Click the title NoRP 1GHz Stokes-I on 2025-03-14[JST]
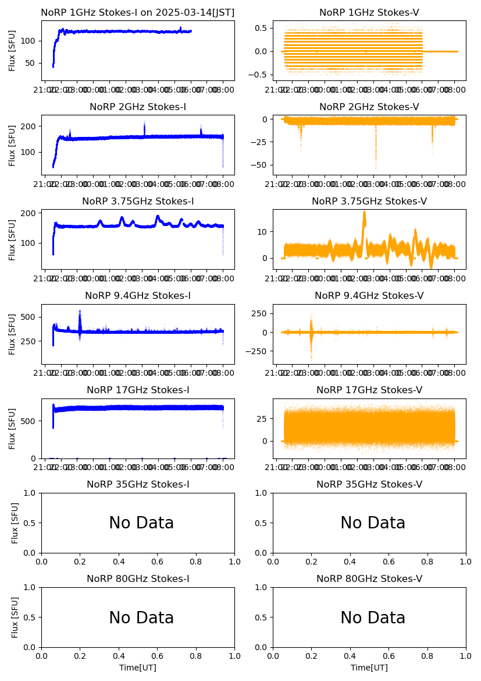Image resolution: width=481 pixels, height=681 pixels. [x=137, y=13]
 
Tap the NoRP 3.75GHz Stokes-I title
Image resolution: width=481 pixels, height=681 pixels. [x=138, y=202]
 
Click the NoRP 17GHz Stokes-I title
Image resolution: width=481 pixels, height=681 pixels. [x=138, y=390]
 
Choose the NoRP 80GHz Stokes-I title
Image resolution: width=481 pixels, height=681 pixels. [x=138, y=579]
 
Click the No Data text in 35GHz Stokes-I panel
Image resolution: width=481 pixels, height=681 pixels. [x=141, y=523]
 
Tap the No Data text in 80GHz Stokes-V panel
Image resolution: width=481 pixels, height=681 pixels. [x=373, y=618]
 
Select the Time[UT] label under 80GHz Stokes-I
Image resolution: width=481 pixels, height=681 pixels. [x=138, y=668]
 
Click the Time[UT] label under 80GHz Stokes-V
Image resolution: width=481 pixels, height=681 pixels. [x=369, y=668]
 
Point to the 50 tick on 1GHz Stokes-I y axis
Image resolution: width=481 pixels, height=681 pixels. [x=32, y=63]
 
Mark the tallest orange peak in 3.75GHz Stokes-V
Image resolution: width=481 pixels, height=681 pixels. [x=364, y=212]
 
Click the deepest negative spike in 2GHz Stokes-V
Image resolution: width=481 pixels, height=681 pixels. [x=376, y=167]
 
